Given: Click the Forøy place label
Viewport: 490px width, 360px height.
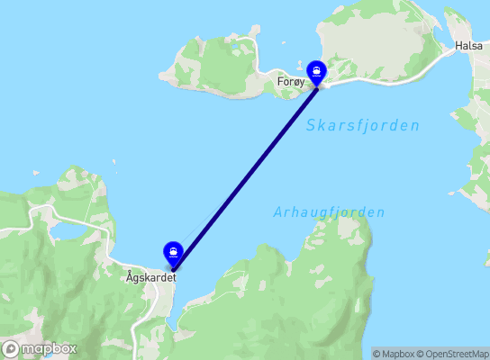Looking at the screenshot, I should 290,81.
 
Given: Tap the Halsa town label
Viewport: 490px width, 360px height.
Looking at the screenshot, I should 468,45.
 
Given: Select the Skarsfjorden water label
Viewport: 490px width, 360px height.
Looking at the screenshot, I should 362,126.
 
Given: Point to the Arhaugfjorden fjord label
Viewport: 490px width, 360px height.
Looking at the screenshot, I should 329,212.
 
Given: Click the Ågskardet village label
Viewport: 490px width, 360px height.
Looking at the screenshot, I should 150,278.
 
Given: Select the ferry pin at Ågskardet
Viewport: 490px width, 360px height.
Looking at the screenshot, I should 172,254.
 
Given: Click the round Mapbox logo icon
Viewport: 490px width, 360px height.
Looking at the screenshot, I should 11,348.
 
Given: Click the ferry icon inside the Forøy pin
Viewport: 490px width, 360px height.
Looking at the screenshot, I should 317,69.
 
